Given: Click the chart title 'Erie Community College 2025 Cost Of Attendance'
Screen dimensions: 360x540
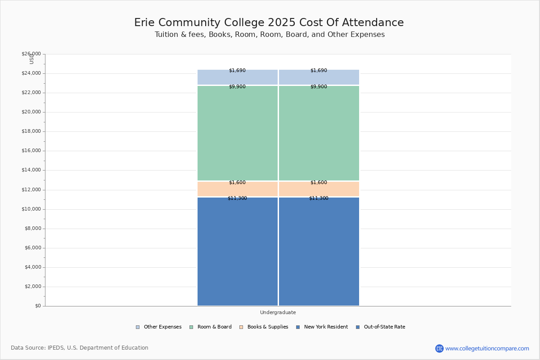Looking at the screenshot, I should [x=269, y=23].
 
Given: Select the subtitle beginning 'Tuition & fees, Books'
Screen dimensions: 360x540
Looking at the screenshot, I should [x=270, y=35].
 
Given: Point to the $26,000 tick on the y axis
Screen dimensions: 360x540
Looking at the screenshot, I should [x=31, y=54].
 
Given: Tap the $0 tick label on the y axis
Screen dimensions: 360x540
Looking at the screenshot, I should [x=37, y=306].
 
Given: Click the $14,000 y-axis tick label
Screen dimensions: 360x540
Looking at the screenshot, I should [x=31, y=170].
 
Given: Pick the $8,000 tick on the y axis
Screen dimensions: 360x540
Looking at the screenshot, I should [x=32, y=229].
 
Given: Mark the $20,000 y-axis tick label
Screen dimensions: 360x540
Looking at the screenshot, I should [x=31, y=112].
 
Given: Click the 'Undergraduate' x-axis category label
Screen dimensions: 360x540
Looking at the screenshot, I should [x=278, y=312].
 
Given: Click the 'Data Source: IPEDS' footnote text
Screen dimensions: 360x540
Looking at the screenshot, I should [x=80, y=348].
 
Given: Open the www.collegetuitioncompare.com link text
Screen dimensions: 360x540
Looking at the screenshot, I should [x=487, y=348].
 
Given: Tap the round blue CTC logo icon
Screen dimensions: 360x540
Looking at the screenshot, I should [x=439, y=348].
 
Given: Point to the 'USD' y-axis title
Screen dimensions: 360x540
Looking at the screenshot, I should [x=31, y=58].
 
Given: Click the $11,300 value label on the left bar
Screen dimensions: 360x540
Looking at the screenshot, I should [x=237, y=198].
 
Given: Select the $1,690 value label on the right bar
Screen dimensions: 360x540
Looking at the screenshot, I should [x=319, y=71].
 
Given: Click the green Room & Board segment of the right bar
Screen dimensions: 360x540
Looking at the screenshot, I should [x=319, y=133].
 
